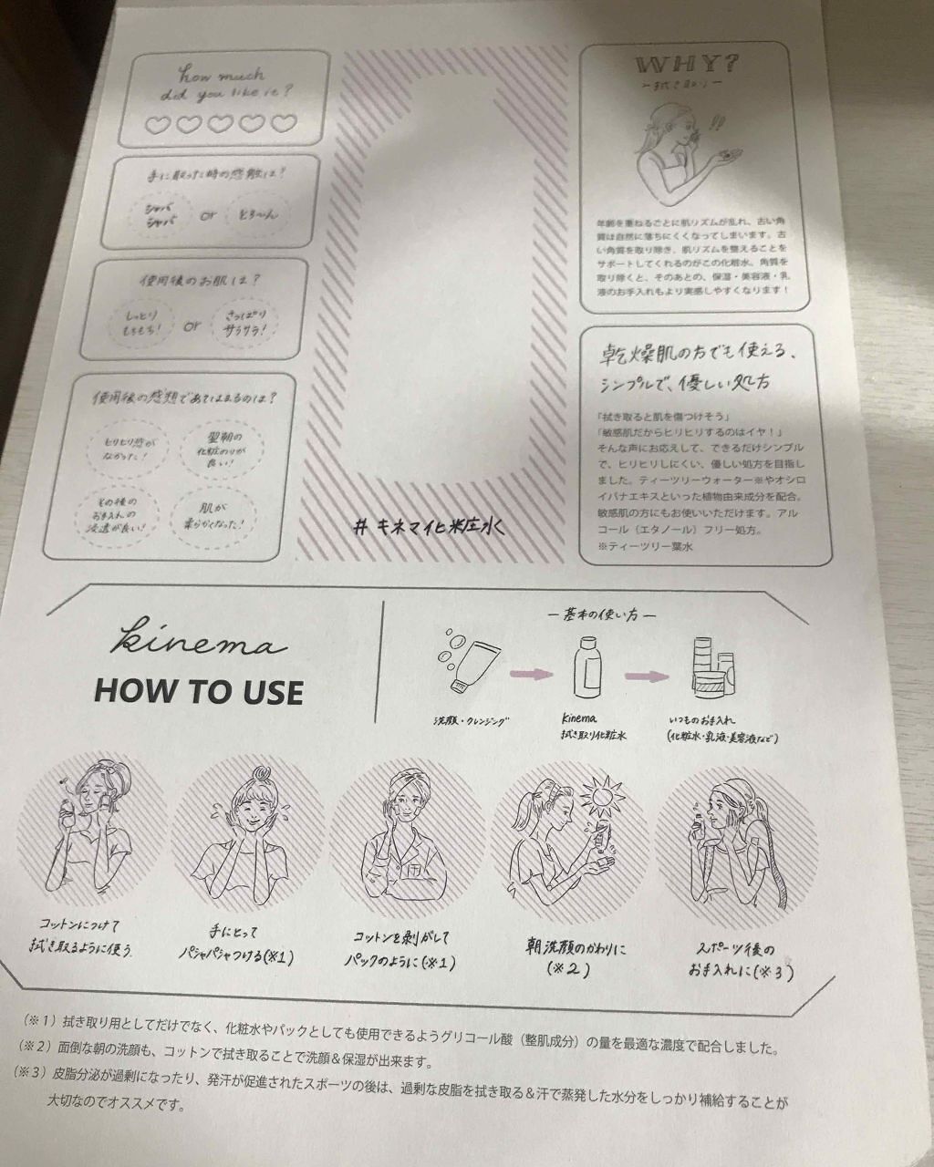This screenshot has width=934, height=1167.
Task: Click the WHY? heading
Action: (x=701, y=66)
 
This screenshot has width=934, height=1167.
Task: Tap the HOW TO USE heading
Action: (x=198, y=691)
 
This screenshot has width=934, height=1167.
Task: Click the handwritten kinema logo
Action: (x=198, y=641)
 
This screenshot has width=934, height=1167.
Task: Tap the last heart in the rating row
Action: (x=283, y=123)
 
